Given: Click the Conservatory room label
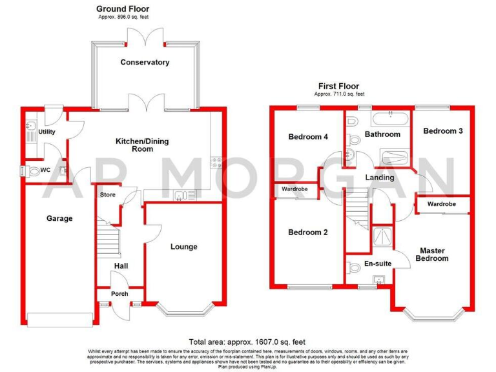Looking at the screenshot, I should click(x=145, y=63).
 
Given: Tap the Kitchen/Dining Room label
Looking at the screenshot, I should click(x=143, y=145).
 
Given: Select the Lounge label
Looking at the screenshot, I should click(x=184, y=247).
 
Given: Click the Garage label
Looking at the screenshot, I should click(x=59, y=218).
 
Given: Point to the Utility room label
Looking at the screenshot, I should click(x=46, y=132).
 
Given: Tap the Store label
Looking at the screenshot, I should click(x=107, y=194).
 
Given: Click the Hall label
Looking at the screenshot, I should click(x=121, y=265).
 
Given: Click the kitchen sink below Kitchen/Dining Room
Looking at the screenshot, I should click(x=185, y=194).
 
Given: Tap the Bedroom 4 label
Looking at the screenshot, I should click(x=307, y=137).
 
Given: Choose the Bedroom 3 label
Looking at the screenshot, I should click(x=443, y=131).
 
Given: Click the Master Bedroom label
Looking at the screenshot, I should click(x=433, y=254).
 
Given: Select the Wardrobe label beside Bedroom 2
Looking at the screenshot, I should click(x=298, y=190).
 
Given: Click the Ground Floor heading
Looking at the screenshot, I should click(x=119, y=8).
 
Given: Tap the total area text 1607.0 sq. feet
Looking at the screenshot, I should click(x=247, y=342).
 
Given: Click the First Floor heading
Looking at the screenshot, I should click(x=338, y=86).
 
